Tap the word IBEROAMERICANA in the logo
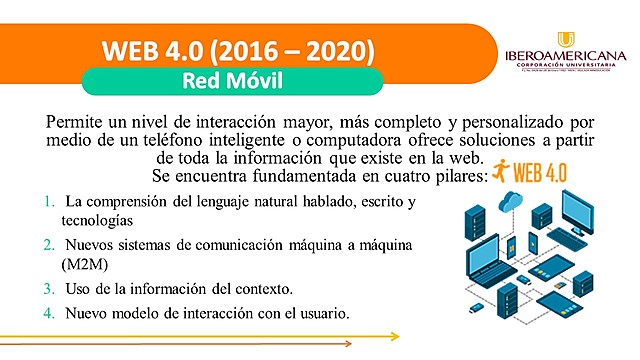tap(565, 56)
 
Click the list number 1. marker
tap(49, 202)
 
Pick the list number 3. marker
tap(49, 289)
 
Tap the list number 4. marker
tap(49, 313)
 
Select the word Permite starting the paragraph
tap(77, 121)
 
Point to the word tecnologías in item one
tap(97, 220)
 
